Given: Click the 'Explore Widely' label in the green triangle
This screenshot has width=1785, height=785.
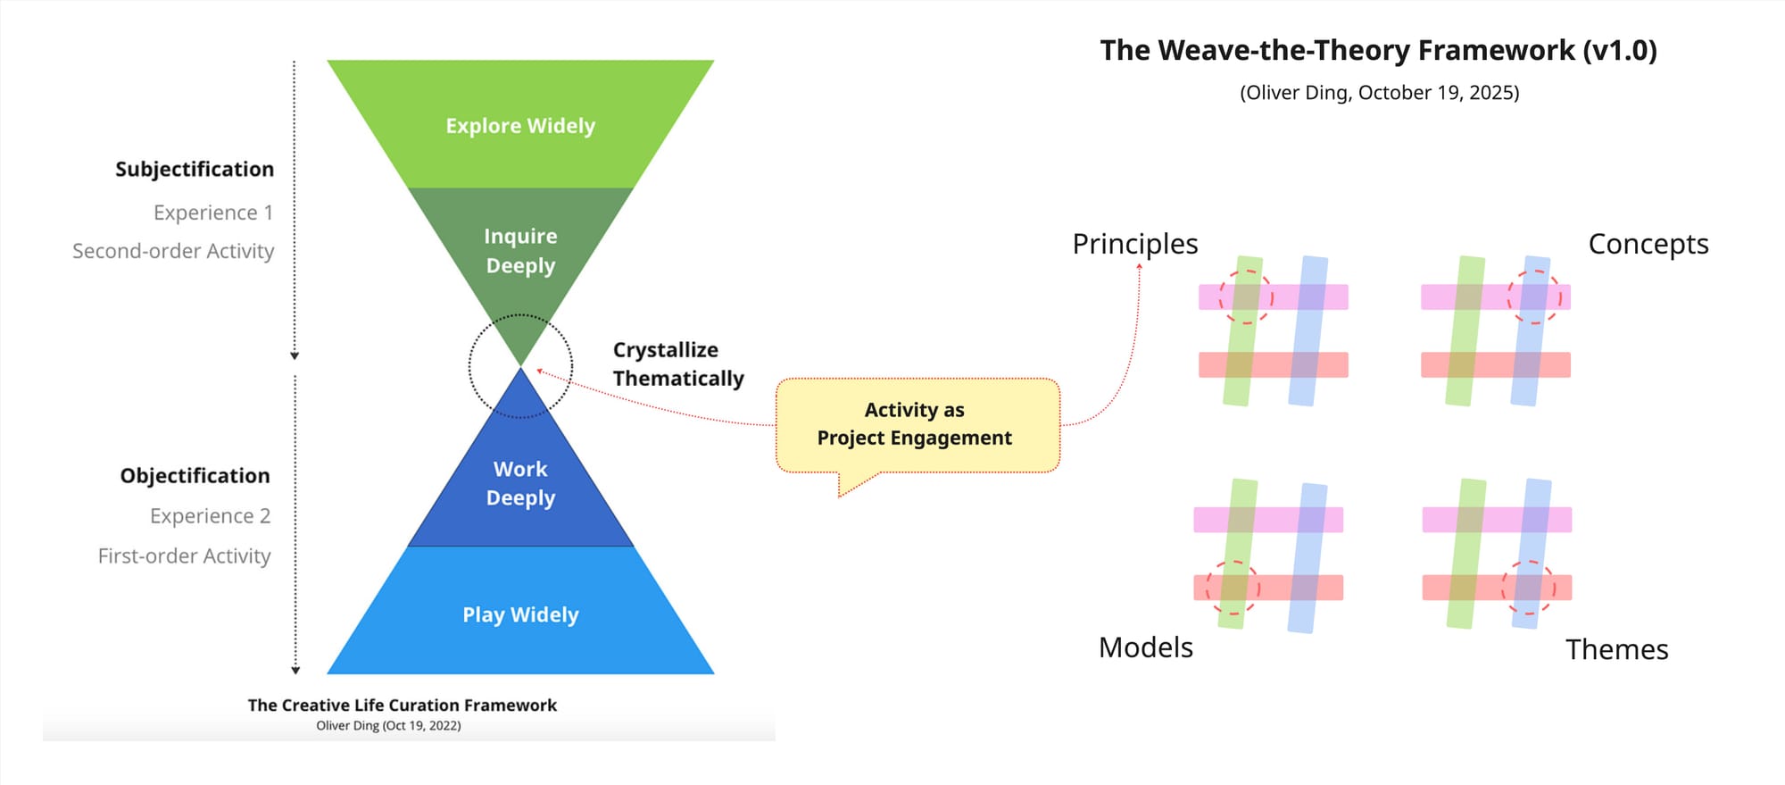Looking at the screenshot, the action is [x=520, y=126].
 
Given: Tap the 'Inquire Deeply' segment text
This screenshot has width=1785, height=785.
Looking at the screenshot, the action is [x=520, y=251].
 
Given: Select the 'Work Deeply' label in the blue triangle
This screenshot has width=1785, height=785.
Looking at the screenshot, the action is [x=520, y=483].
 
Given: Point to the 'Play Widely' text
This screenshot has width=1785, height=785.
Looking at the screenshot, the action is [x=520, y=614].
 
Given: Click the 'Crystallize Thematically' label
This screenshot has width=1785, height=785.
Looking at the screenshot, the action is [x=678, y=364].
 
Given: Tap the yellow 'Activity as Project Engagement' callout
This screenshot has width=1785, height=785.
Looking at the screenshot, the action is [x=917, y=425].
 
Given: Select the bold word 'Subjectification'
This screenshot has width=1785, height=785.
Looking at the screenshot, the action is [x=195, y=169].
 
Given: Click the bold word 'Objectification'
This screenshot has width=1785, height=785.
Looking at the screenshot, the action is [x=195, y=475].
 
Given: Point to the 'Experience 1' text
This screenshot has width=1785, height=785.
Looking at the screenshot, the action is [x=213, y=213].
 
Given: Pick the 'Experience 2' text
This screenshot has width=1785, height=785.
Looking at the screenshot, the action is [x=211, y=516].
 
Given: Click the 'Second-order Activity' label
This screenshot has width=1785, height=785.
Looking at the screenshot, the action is [x=173, y=251].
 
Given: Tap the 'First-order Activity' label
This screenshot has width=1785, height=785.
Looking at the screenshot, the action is [x=185, y=555].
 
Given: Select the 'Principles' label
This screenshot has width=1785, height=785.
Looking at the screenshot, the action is [x=1135, y=244].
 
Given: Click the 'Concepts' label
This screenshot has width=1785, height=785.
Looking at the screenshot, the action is [x=1648, y=244].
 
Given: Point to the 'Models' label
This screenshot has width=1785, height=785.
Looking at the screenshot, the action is [x=1146, y=647].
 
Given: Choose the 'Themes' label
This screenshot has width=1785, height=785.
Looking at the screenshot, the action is [x=1617, y=649].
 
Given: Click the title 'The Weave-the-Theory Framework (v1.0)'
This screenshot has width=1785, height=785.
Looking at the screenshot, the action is [x=1379, y=50].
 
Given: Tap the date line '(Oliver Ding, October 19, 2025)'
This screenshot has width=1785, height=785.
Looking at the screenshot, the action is [x=1380, y=93].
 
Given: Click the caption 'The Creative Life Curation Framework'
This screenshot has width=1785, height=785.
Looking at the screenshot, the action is [x=403, y=706].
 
